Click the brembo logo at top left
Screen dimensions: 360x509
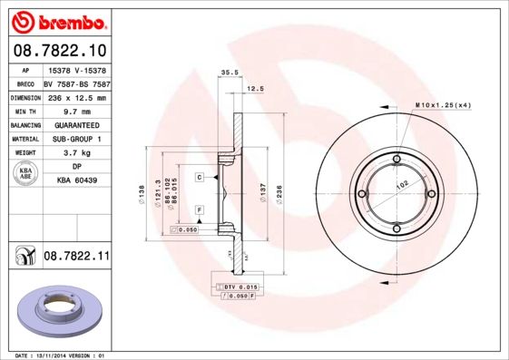coord(56,21)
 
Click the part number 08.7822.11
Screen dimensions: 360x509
coord(76,258)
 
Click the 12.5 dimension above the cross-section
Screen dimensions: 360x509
coord(256,88)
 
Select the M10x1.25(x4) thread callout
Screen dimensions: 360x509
coord(445,107)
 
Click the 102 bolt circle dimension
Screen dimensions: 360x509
coord(400,182)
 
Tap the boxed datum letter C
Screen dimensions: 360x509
coord(199,178)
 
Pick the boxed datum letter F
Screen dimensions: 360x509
coord(199,210)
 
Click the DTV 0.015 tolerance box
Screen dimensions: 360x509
coord(239,287)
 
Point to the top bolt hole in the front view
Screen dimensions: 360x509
coord(396,162)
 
